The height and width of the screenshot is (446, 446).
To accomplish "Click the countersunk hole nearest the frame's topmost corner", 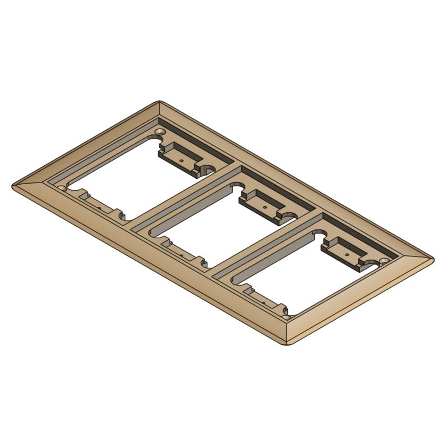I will (x=161, y=131).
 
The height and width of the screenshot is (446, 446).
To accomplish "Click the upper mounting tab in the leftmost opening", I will (x=180, y=157).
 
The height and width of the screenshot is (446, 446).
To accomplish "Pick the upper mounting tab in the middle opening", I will (x=262, y=205).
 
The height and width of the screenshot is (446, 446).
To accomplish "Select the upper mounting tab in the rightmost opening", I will (x=344, y=251).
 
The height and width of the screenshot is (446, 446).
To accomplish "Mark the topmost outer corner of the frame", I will (x=159, y=102).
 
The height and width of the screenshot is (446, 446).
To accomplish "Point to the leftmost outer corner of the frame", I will (x=13, y=186).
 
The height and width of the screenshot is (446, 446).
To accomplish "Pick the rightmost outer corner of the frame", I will (x=433, y=259).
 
